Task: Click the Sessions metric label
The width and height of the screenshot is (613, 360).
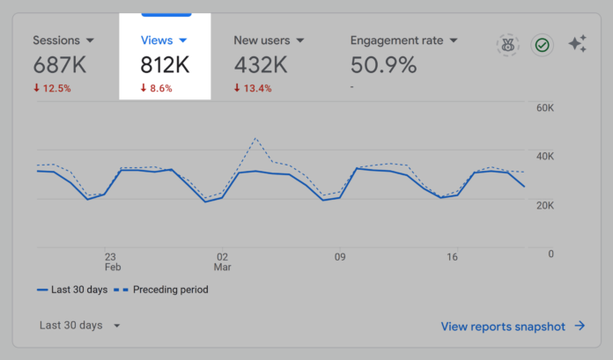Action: pyautogui.click(x=63, y=40)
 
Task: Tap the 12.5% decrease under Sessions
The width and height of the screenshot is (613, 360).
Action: pyautogui.click(x=52, y=87)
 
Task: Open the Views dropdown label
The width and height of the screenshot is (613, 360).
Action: pyautogui.click(x=164, y=40)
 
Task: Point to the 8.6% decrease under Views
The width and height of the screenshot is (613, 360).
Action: pyautogui.click(x=157, y=87)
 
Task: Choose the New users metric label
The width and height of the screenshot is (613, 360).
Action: pyautogui.click(x=269, y=40)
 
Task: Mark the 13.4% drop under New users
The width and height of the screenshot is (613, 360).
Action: pyautogui.click(x=252, y=87)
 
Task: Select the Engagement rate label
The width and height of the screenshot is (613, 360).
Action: pyautogui.click(x=403, y=40)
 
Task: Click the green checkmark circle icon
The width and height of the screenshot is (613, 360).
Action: pyautogui.click(x=542, y=45)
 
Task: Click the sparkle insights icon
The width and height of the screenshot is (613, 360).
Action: pyautogui.click(x=578, y=44)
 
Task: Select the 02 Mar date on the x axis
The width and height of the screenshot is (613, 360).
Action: pyautogui.click(x=222, y=262)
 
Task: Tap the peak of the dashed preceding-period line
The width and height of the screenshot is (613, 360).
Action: pyautogui.click(x=255, y=138)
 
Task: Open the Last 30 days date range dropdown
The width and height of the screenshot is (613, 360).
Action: pyautogui.click(x=80, y=326)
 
